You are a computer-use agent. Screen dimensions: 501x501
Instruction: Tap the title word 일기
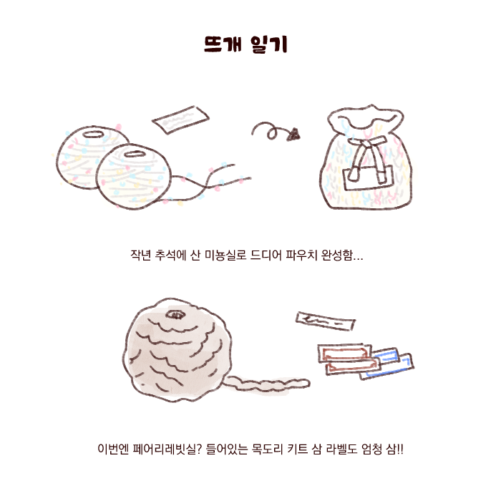[269, 44]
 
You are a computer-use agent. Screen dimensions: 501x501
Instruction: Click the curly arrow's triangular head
[293, 135]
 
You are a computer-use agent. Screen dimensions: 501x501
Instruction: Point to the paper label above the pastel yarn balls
[180, 120]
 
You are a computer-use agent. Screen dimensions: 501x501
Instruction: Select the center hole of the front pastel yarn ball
[135, 154]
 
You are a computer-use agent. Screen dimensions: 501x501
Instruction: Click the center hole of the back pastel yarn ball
[93, 135]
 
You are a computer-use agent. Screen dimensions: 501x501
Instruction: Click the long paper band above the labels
[325, 321]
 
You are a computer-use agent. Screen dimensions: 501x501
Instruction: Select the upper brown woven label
[344, 354]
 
